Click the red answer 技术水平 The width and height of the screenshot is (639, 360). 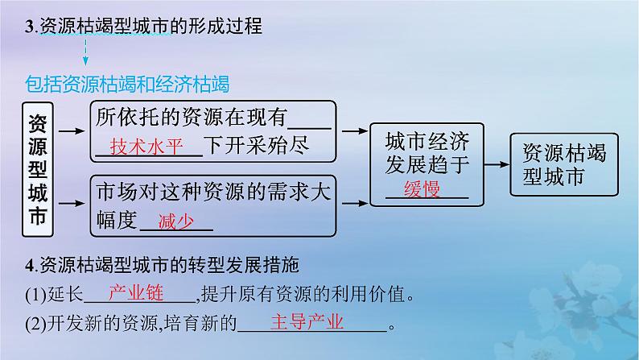coord(146,147)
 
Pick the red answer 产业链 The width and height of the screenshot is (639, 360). coord(134,293)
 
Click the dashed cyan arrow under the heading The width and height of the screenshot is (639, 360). coord(85,54)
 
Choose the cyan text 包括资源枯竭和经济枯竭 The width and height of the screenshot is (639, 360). coord(127,84)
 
